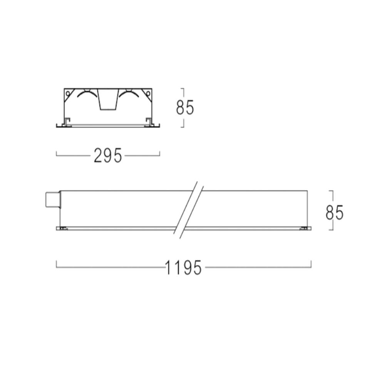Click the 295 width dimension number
tap(108, 156)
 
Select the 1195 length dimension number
tap(183, 268)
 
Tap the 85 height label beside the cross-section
tap(185, 107)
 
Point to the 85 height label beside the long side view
tap(335, 213)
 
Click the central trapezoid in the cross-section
tap(108, 99)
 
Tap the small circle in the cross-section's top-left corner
tap(68, 93)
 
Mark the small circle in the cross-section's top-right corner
tap(148, 93)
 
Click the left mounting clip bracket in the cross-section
tap(67, 122)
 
